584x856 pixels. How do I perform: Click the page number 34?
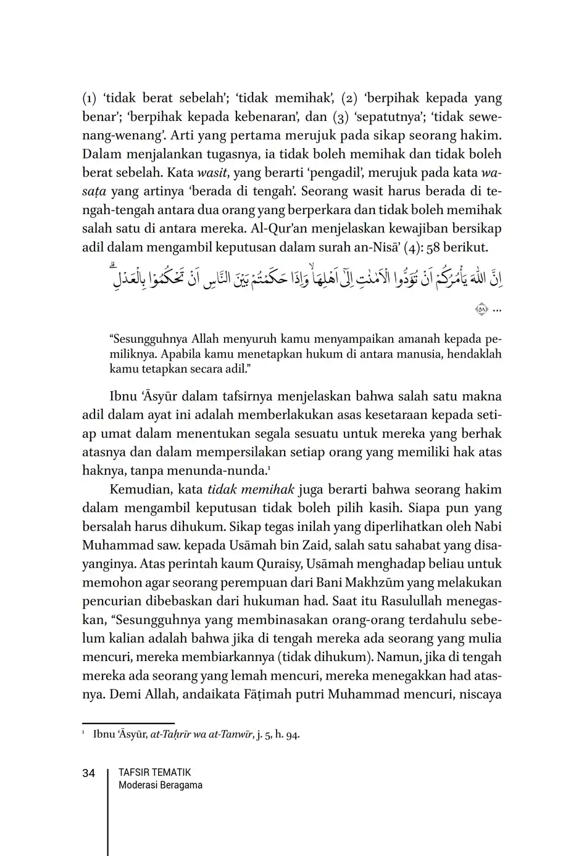pyautogui.click(x=88, y=773)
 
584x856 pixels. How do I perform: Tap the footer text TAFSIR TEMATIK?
pyautogui.click(x=154, y=772)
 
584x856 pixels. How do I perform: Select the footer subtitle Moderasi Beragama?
pyautogui.click(x=160, y=785)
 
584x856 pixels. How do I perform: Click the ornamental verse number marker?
pyautogui.click(x=482, y=310)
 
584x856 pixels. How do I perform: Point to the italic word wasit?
pyautogui.click(x=212, y=173)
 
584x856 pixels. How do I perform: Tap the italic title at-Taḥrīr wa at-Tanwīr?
pyautogui.click(x=202, y=735)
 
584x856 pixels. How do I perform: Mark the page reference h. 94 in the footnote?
pyautogui.click(x=287, y=735)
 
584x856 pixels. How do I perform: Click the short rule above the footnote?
pyautogui.click(x=128, y=723)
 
